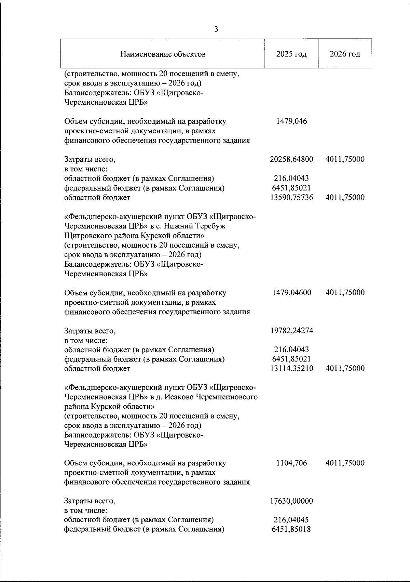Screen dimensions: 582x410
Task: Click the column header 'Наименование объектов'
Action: tap(163, 54)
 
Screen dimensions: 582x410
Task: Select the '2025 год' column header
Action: tap(291, 54)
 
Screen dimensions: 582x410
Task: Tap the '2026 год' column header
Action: tap(345, 54)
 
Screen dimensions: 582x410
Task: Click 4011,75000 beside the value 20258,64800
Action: tap(345, 159)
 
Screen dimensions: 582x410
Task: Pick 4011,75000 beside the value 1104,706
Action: tap(345, 463)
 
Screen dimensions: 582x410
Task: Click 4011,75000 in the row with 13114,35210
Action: tap(345, 369)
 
